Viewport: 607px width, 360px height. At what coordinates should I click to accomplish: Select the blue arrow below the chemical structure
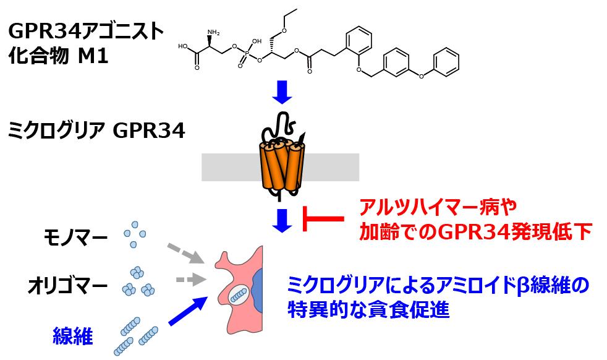tap(282, 93)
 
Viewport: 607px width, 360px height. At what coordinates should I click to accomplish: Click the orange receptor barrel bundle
tap(282, 165)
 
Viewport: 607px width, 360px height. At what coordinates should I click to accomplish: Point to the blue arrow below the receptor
tap(282, 220)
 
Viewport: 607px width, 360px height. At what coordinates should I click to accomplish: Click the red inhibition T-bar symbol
tap(321, 218)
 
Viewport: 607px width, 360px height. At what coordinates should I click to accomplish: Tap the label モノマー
tap(77, 237)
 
